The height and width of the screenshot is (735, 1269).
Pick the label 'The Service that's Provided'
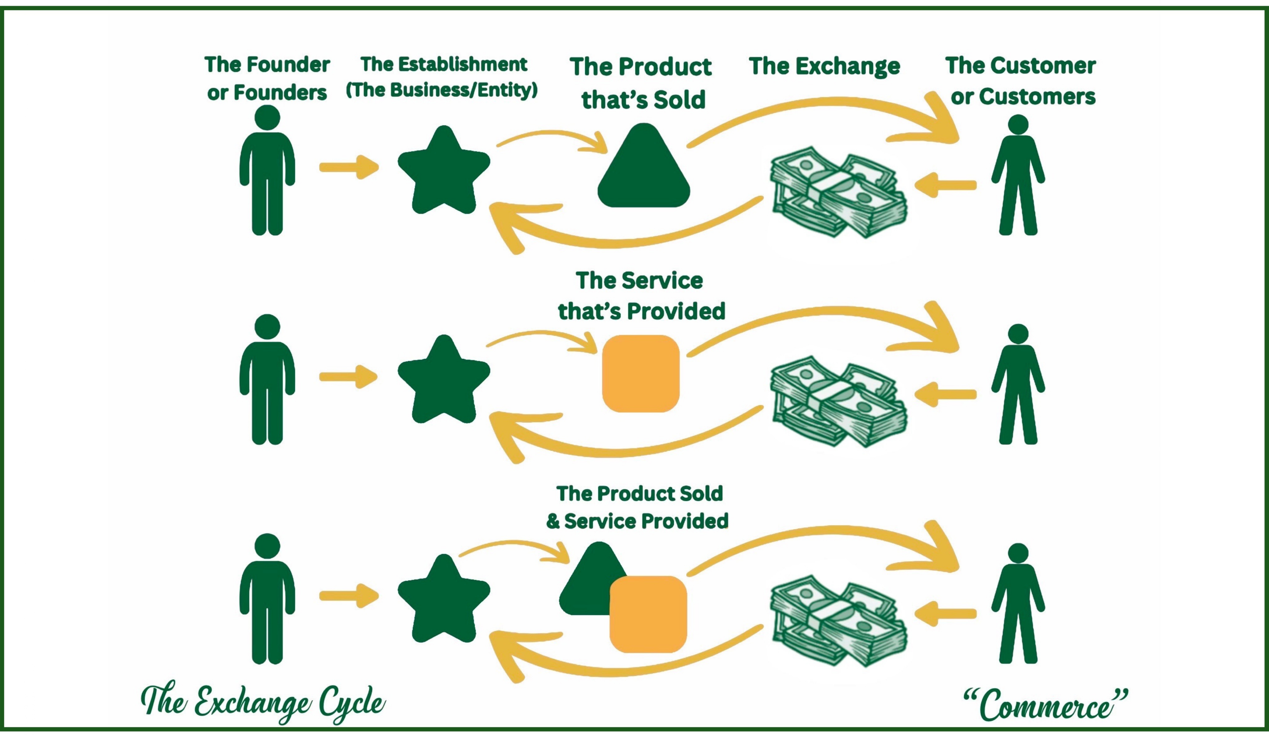(x=641, y=296)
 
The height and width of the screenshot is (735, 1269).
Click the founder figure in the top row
(x=267, y=171)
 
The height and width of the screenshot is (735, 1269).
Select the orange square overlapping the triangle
(x=648, y=614)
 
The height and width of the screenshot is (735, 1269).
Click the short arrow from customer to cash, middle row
(x=945, y=394)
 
